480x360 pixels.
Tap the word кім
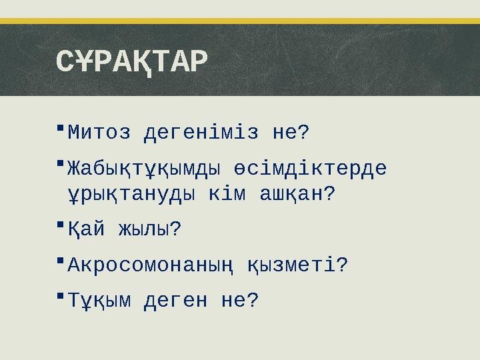point(231,195)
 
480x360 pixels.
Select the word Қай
point(86,230)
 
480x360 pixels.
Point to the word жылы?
point(149,230)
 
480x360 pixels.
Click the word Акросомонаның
point(149,266)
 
